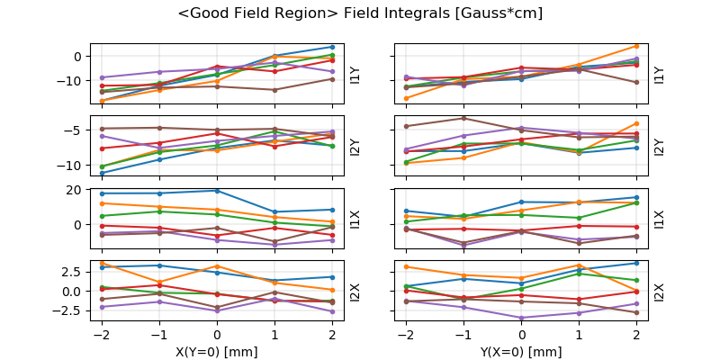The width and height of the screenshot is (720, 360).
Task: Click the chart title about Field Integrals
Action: (360, 13)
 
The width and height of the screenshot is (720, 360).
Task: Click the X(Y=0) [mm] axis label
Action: (217, 352)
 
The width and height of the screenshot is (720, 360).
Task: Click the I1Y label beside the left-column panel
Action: (355, 74)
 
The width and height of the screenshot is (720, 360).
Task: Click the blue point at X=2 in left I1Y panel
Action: (332, 47)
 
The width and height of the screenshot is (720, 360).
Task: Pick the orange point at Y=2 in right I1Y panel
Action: (637, 46)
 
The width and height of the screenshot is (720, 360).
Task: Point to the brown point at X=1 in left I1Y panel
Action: (274, 90)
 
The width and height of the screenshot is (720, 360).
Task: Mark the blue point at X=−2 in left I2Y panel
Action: (102, 173)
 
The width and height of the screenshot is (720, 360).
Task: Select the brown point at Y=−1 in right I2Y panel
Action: (463, 118)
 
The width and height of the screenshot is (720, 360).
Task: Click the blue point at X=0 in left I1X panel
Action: (217, 191)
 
